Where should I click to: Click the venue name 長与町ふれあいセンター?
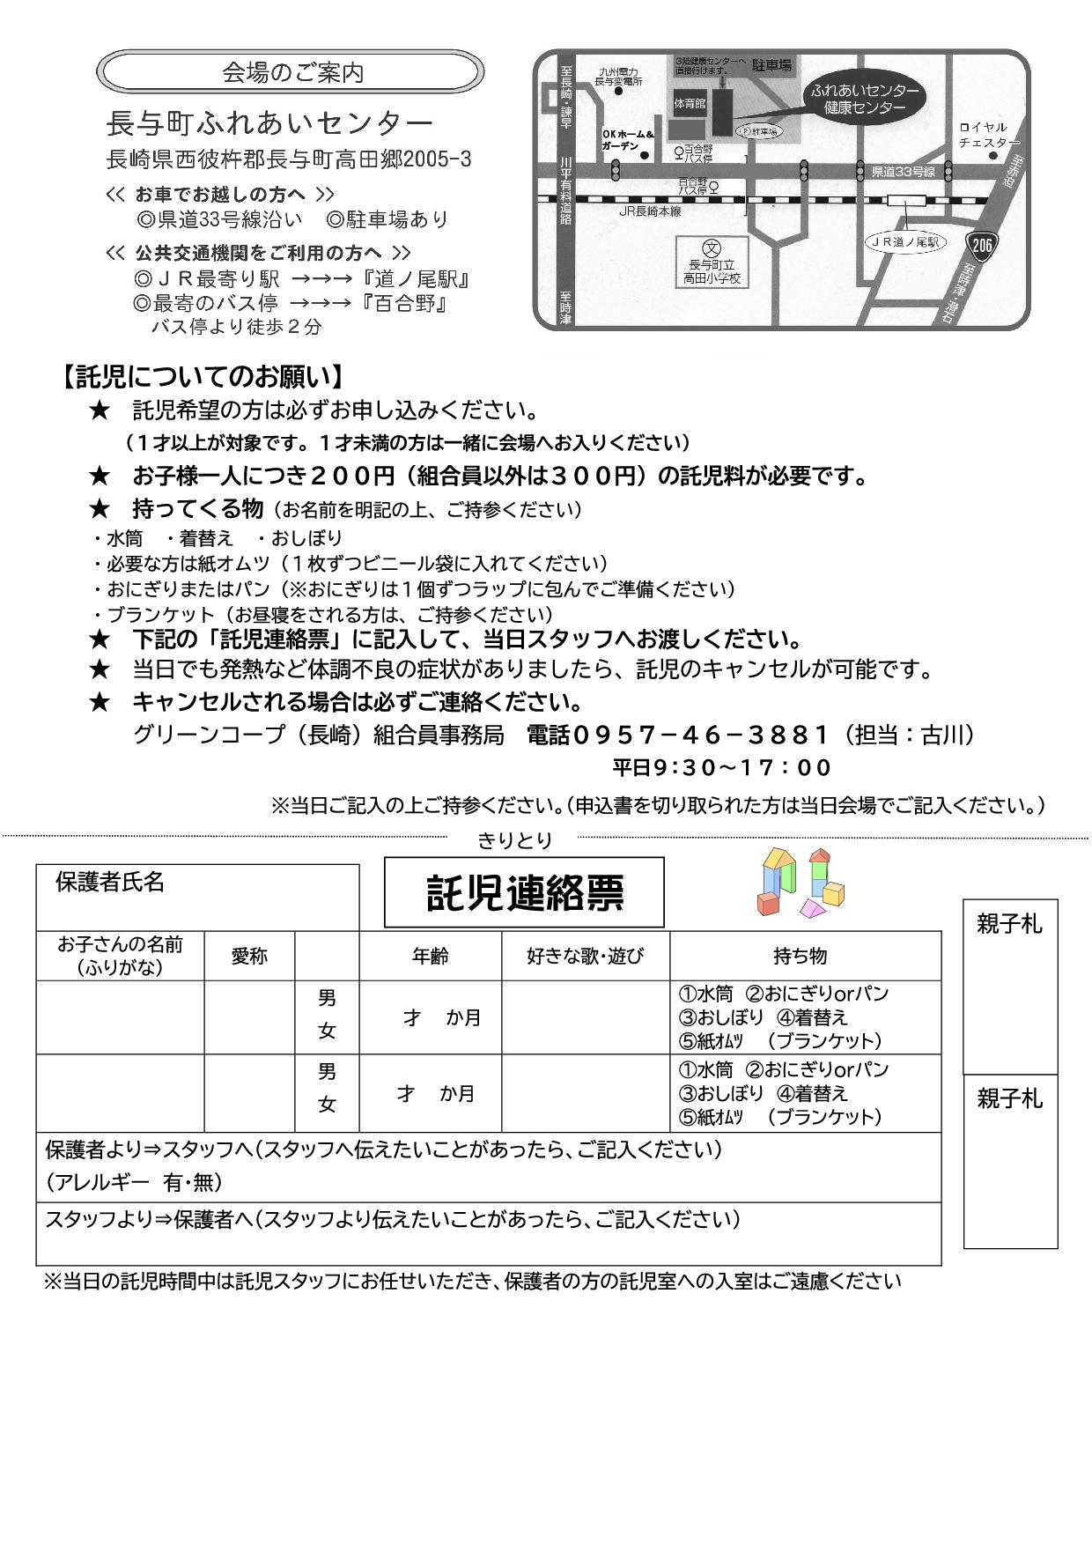pos(269,122)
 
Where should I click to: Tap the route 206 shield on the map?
pos(981,244)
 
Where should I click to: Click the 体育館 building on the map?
pos(690,103)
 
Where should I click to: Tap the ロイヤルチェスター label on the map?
pos(988,135)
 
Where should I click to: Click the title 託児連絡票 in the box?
pos(524,893)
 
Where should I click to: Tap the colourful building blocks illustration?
pos(801,884)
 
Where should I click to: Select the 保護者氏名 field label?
pos(109,882)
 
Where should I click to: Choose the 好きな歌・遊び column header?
pos(585,956)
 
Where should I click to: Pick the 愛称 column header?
pos(249,956)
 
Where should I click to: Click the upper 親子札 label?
pos(1009,924)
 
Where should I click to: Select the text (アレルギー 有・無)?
pos(134,1182)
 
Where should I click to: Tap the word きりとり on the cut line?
pos(514,841)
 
